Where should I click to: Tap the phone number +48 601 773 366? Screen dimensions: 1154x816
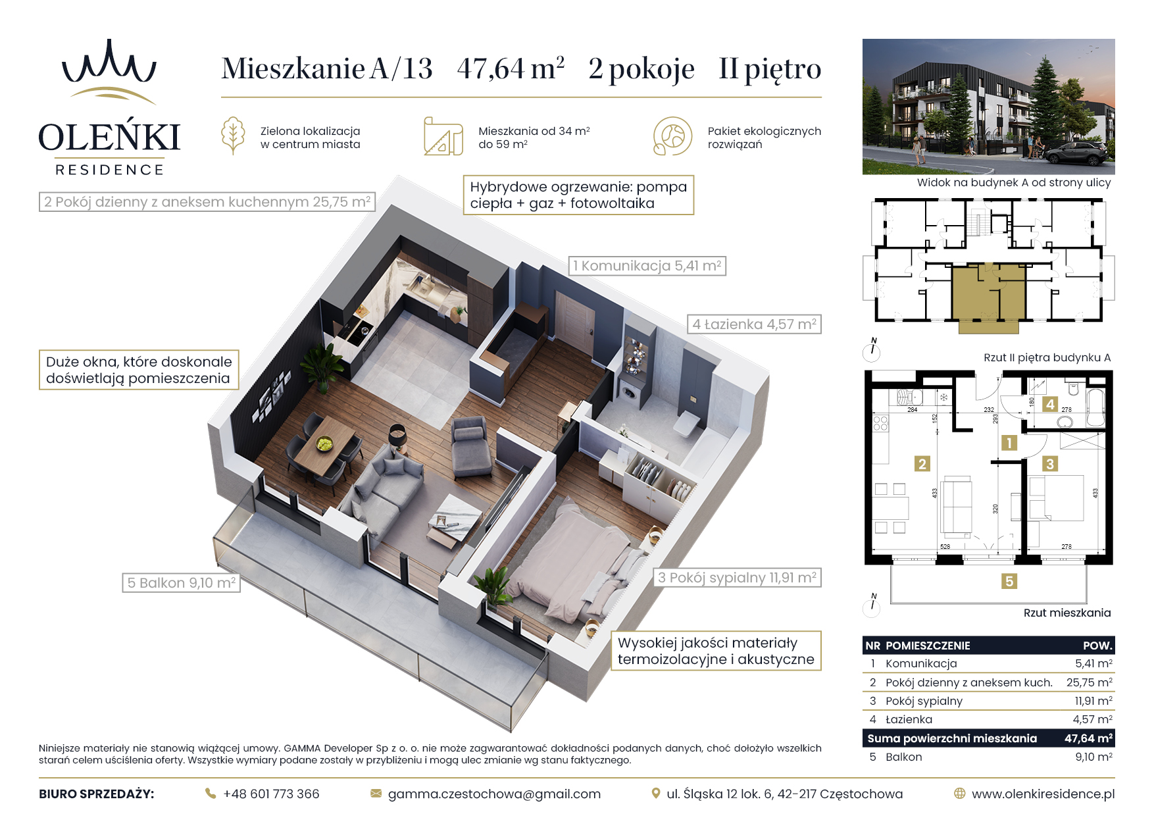(271, 794)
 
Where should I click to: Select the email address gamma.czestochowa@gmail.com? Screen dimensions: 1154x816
(494, 794)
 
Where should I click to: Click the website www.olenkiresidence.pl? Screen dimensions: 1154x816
(1043, 794)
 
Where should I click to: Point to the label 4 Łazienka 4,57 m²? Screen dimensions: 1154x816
(754, 324)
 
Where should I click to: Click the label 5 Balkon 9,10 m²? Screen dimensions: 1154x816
(181, 582)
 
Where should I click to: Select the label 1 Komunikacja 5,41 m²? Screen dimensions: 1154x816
(647, 266)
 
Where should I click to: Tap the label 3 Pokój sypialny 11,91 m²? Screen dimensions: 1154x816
(737, 577)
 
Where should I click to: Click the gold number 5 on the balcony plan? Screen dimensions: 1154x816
(1009, 581)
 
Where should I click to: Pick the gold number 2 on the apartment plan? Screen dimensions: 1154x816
(922, 464)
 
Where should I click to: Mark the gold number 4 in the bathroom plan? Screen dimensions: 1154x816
(1050, 404)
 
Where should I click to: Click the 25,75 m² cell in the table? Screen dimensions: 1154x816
(1090, 682)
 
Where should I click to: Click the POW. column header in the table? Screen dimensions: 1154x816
(1097, 646)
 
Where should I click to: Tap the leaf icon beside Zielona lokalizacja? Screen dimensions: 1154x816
(233, 136)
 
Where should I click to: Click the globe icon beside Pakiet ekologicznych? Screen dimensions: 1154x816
(672, 136)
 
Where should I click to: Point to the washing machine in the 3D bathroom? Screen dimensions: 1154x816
(630, 394)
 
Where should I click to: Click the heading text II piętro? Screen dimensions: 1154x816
(770, 68)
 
